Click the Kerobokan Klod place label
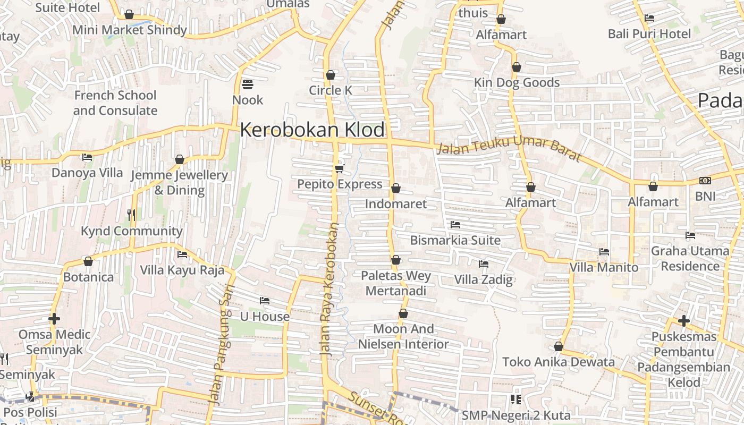312,130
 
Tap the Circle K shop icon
331,75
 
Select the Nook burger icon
248,84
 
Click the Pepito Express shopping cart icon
339,169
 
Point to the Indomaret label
396,204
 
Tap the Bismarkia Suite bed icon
455,225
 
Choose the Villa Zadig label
484,279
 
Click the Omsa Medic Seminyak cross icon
54,319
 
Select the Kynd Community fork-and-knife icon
131,215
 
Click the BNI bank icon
705,181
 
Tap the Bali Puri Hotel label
649,34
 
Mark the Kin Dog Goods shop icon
516,67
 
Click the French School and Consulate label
115,103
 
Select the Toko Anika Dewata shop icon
558,347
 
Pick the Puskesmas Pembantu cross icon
683,320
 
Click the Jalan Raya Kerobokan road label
329,290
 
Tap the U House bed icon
265,301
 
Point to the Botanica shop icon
88,262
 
